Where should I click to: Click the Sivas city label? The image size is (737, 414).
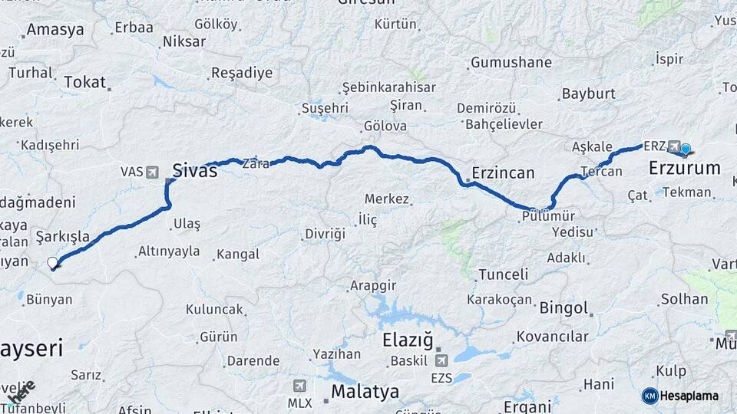[x=195, y=170]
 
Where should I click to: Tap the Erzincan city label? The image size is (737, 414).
[x=504, y=172]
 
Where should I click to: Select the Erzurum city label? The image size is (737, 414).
[x=685, y=168]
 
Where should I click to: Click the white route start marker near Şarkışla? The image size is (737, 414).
[x=53, y=263]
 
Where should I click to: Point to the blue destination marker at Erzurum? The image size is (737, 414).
[x=686, y=149]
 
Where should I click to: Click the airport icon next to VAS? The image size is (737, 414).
[x=151, y=172]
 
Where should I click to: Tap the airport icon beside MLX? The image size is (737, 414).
[x=299, y=386]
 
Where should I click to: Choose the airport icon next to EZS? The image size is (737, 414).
[x=441, y=360]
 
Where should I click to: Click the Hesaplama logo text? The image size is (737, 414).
[x=689, y=396]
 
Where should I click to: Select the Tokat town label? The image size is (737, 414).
[x=84, y=82]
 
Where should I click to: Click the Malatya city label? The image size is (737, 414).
[x=365, y=392]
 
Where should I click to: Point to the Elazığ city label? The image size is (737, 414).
[x=408, y=340]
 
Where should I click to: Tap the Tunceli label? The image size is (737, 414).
[x=503, y=274]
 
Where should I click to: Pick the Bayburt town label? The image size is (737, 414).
[x=589, y=94]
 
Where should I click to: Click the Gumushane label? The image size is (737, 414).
[x=511, y=62]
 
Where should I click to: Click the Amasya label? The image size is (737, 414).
[x=55, y=31]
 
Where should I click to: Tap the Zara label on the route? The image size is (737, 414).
[x=256, y=163]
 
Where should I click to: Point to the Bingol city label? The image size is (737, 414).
[x=563, y=308]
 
